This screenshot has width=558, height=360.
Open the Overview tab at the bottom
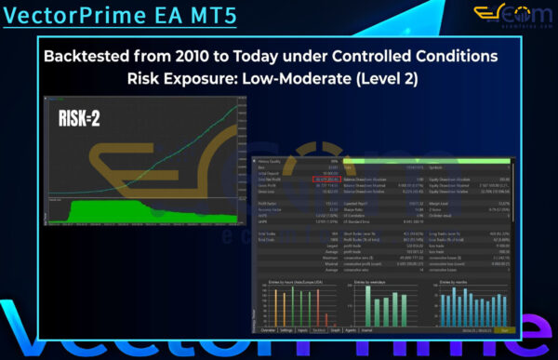click(267, 330)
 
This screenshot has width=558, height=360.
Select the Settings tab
click(286, 330)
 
